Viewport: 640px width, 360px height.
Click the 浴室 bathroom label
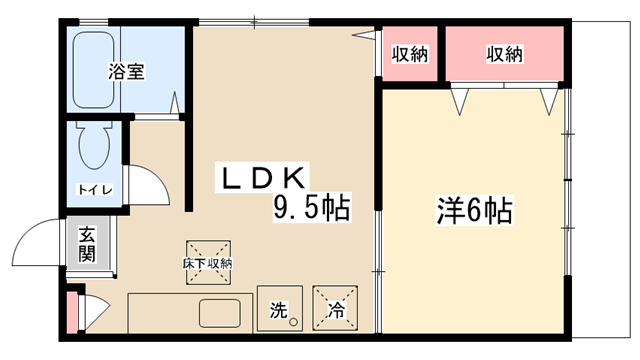[126, 71]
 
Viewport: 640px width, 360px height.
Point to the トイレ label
[95, 190]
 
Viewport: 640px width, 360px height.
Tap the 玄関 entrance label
[87, 244]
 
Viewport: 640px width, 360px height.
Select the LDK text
[263, 178]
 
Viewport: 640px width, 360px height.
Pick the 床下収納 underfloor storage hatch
[209, 262]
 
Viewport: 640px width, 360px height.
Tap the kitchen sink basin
[220, 313]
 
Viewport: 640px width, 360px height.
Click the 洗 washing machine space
[280, 308]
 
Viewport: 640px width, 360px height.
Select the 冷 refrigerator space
[335, 308]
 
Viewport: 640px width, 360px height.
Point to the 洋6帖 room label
[475, 210]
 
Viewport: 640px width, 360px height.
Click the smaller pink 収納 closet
[409, 53]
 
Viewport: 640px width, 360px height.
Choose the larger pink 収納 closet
[504, 53]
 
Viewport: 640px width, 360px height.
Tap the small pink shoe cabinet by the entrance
[71, 312]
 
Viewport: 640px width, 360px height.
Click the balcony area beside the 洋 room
[601, 180]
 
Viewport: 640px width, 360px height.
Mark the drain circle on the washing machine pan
[293, 322]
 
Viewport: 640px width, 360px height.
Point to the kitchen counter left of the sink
[163, 313]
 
